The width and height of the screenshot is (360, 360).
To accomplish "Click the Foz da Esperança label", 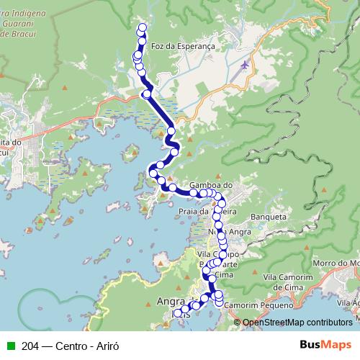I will pos(184,45).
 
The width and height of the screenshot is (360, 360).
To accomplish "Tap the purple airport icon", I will pos(245,66).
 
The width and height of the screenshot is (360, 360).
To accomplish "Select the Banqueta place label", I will pos(267,216).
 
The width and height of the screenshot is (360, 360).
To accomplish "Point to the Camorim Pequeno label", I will pos(256,305).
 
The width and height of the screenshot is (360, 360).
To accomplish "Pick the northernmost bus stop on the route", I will pos(142,28).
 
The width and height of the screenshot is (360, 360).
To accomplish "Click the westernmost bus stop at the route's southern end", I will pos(177,314).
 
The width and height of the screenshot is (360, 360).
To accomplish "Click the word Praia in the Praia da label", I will pos(189,211).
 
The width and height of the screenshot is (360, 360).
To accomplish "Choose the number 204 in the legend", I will pos(30,346).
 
